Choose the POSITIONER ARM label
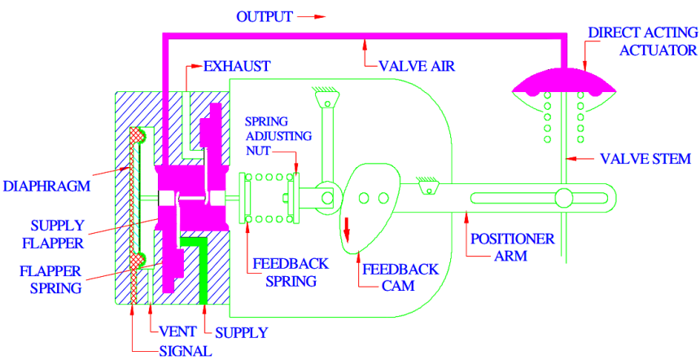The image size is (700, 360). click(512, 248)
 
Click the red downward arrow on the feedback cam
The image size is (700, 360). click(346, 229)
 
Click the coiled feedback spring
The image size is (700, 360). click(269, 198)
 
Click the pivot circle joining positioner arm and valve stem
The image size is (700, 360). click(563, 198)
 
